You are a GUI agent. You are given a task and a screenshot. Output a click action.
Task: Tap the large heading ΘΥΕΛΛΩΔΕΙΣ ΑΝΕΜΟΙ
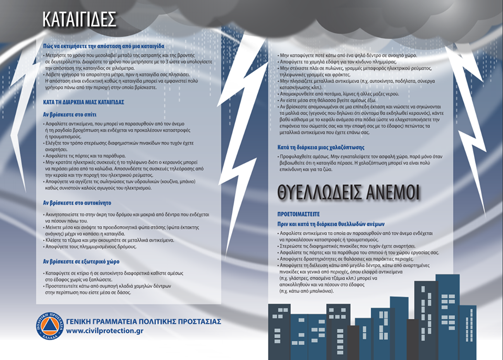(348, 193)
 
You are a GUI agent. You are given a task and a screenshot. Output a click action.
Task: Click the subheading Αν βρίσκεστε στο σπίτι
(70, 114)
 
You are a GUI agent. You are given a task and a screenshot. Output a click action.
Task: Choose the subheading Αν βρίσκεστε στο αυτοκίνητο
(76, 203)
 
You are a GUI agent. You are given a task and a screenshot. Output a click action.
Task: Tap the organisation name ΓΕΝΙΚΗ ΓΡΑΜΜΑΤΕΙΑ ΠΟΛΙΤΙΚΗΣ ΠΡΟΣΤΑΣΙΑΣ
(144, 321)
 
